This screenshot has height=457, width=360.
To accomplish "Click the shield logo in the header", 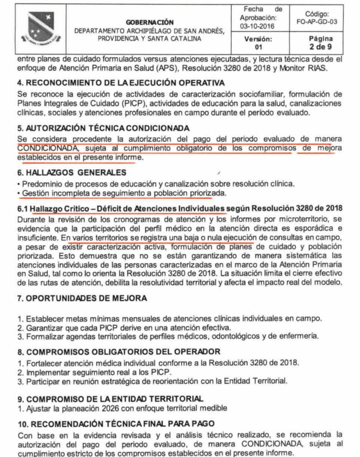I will pos(41,27).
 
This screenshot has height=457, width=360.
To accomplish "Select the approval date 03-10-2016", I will pos(257,26).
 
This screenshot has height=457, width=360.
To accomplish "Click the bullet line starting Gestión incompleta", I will pos(122,193).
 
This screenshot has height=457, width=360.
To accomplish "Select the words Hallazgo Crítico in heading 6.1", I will pos(67,208).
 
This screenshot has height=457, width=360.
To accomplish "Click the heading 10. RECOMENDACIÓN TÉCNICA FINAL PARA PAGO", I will pos(116,423).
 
